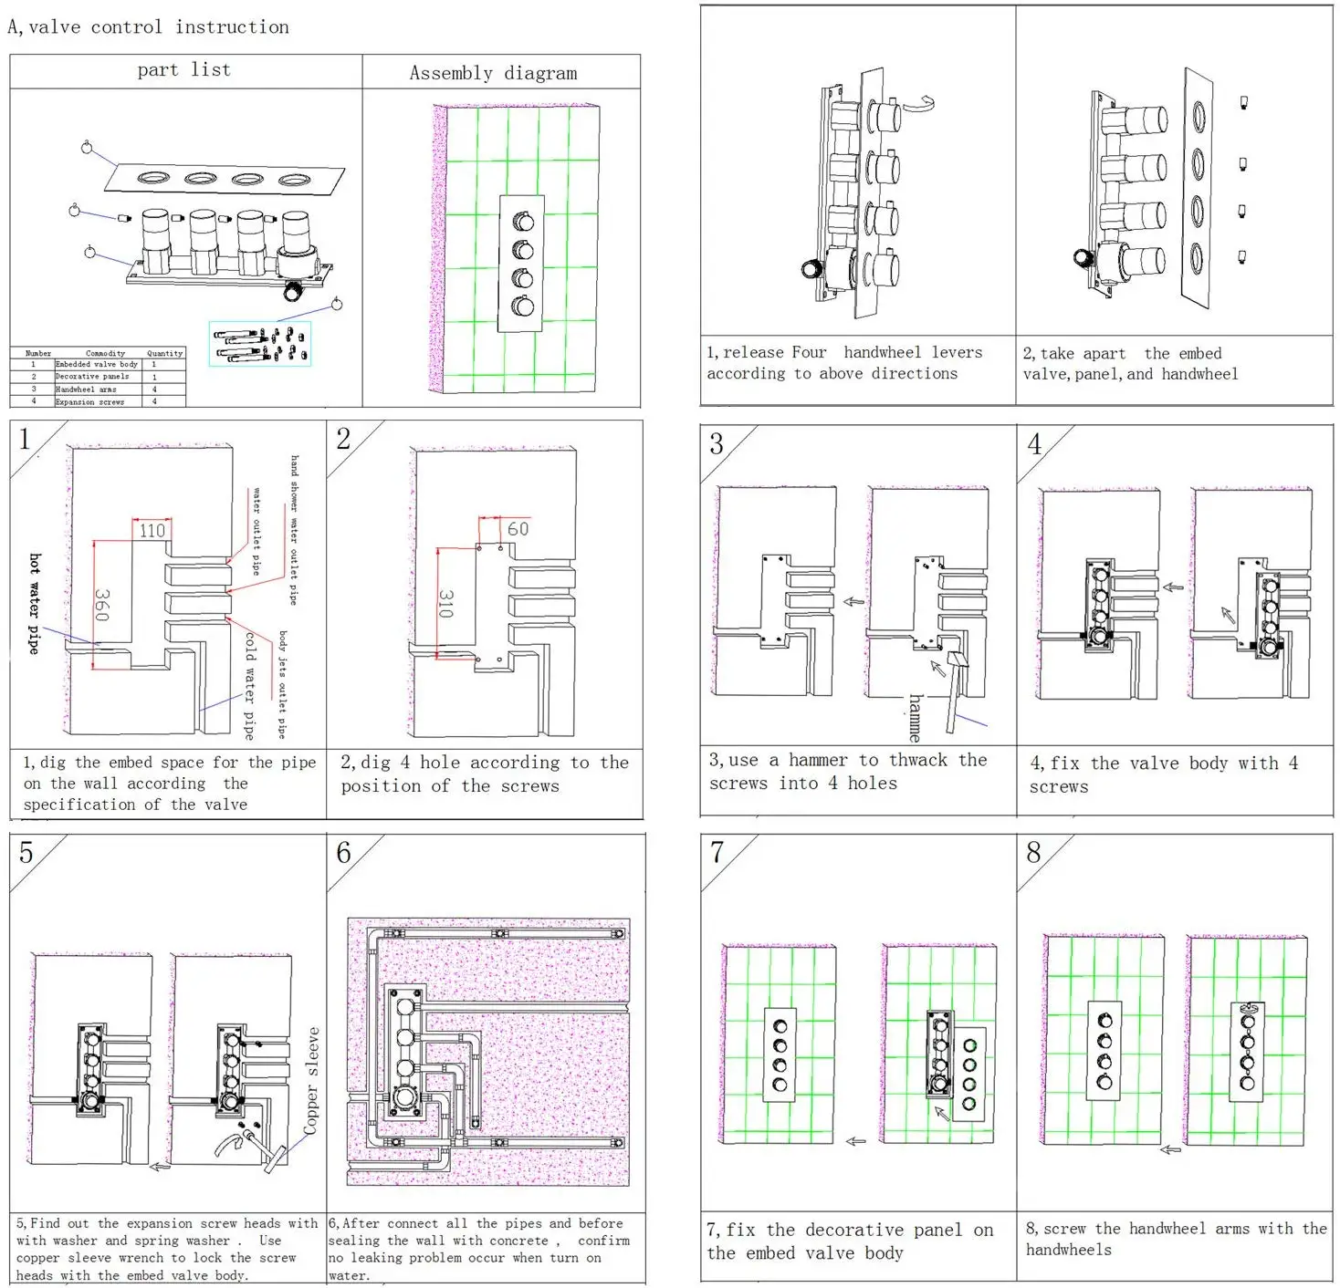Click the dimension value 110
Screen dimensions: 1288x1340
(x=152, y=531)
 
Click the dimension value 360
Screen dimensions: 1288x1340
(x=102, y=605)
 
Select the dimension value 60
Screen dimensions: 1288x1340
(x=518, y=529)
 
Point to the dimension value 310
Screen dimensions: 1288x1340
(x=446, y=603)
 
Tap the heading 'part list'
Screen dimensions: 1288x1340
(x=183, y=70)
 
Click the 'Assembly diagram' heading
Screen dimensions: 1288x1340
(x=493, y=73)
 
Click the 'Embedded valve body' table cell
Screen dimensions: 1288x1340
(x=97, y=364)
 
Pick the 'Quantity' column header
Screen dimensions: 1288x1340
(x=164, y=353)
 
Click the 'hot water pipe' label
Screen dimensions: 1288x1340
(x=35, y=603)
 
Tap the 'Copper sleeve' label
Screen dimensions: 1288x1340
(x=312, y=1081)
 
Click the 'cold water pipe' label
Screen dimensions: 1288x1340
(x=249, y=684)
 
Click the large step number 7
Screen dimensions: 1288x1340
(x=717, y=853)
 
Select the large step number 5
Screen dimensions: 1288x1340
(x=26, y=853)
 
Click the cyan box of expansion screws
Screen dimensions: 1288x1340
(x=260, y=344)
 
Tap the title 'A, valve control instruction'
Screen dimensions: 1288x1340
(x=149, y=27)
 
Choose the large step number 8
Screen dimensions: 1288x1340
(x=1033, y=853)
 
